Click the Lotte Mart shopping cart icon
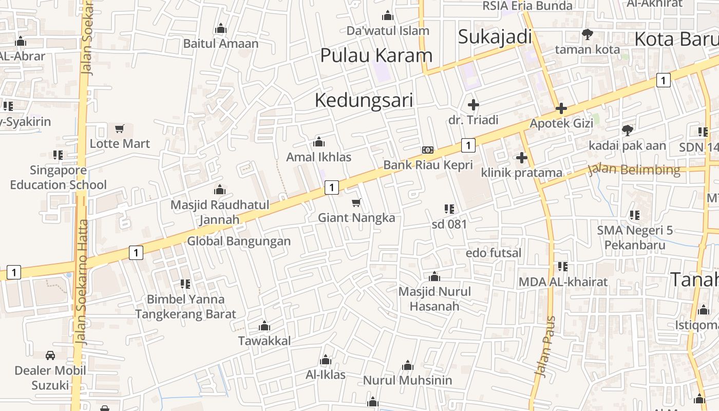click(x=120, y=128)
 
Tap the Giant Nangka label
click(x=356, y=218)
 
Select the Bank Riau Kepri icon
click(x=427, y=150)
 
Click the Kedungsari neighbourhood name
click(x=364, y=100)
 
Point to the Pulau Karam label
click(x=376, y=55)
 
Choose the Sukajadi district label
click(x=495, y=37)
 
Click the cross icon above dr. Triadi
click(x=473, y=105)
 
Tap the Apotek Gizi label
click(x=561, y=123)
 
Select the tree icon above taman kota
click(x=587, y=34)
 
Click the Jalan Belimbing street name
click(x=634, y=170)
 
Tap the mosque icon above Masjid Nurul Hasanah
click(x=434, y=277)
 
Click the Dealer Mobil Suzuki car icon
click(x=50, y=355)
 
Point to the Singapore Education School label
click(x=59, y=177)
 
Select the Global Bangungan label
click(x=239, y=241)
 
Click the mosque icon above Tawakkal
click(x=264, y=326)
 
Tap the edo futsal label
click(x=493, y=253)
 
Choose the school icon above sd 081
click(x=449, y=209)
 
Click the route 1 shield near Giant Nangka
click(x=332, y=188)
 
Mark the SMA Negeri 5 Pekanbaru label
click(x=635, y=237)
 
